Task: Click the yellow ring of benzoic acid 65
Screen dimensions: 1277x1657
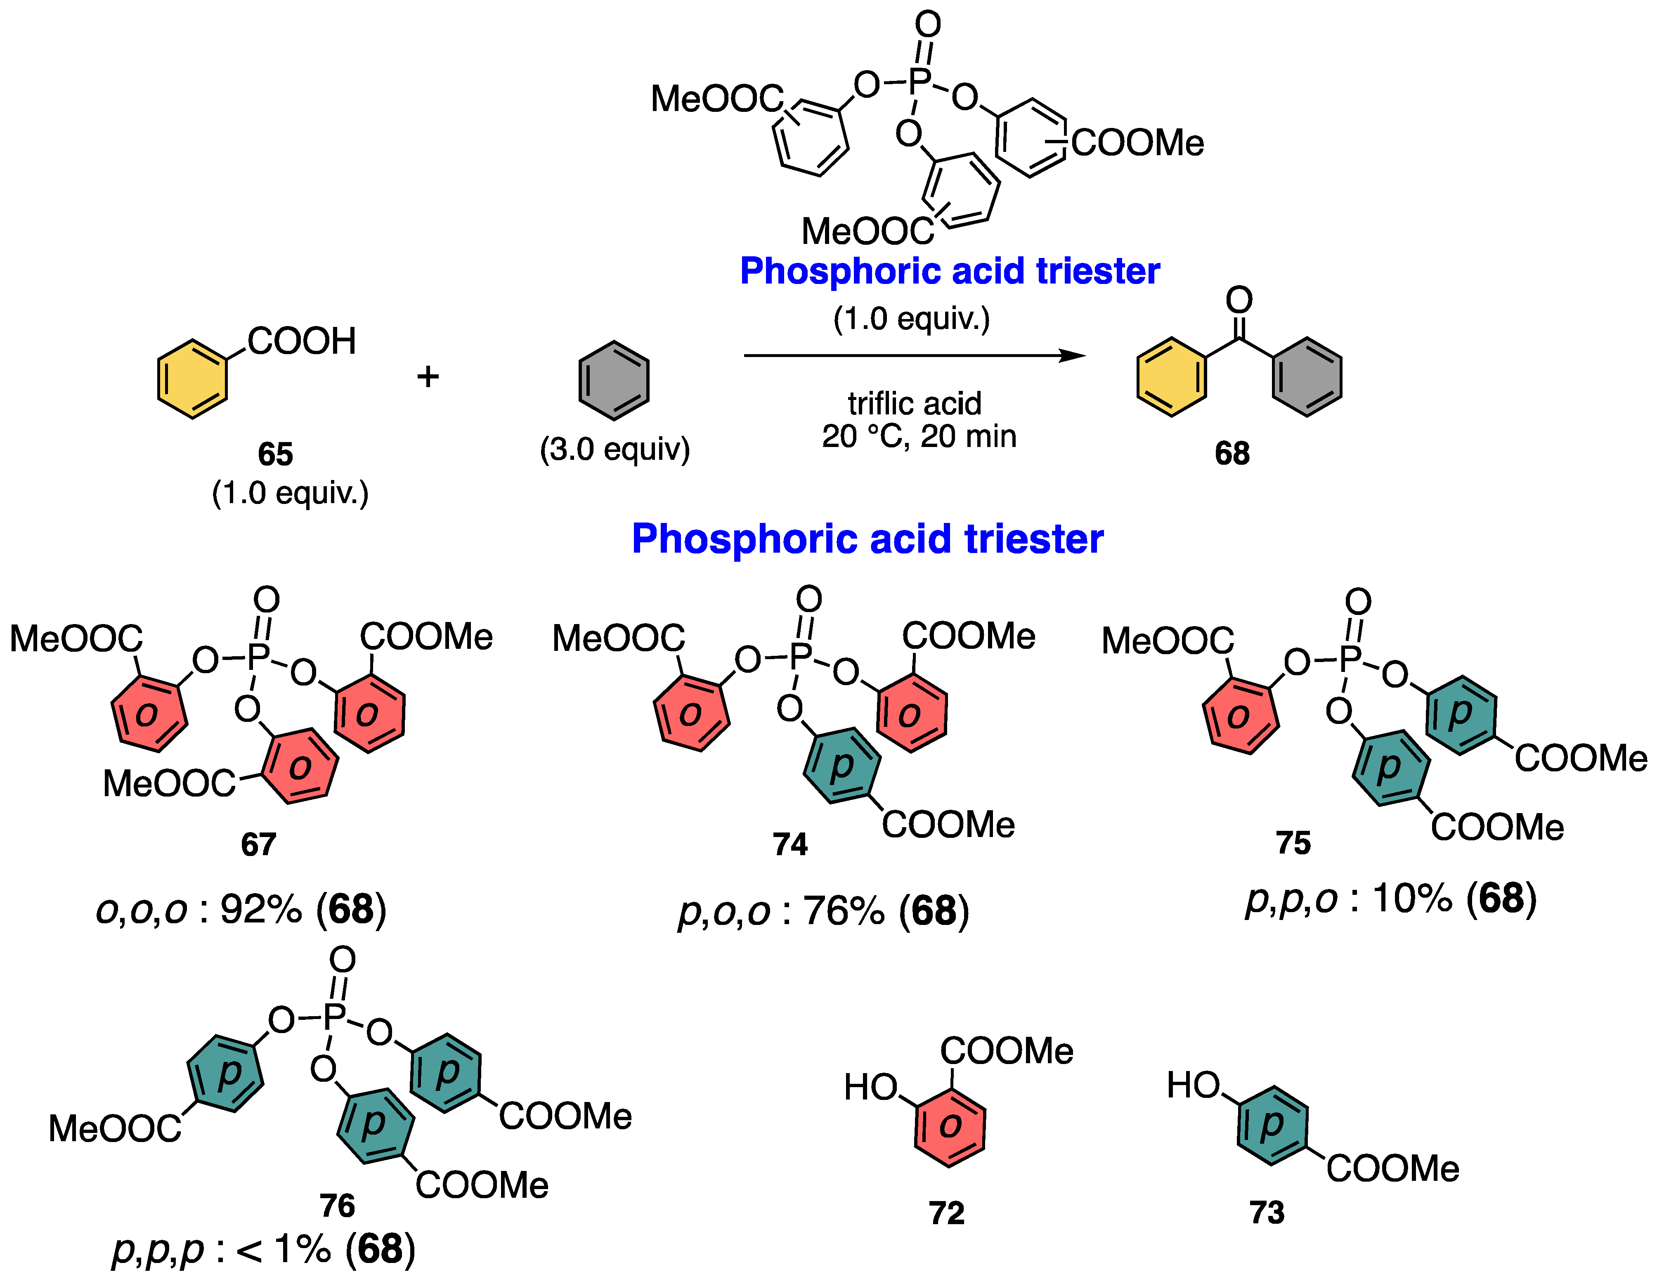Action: (x=192, y=378)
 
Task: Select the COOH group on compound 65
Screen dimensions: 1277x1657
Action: (x=301, y=341)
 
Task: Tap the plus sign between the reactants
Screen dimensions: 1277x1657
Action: (x=428, y=376)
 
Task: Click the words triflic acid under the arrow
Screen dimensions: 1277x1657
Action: (x=914, y=403)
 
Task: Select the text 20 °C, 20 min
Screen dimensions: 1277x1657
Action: (x=919, y=436)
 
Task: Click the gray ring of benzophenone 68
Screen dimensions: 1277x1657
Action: (x=1307, y=377)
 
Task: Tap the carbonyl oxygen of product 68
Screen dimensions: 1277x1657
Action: (x=1239, y=300)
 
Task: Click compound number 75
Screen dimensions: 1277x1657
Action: (x=1293, y=843)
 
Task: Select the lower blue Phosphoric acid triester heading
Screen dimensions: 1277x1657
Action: (x=867, y=539)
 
